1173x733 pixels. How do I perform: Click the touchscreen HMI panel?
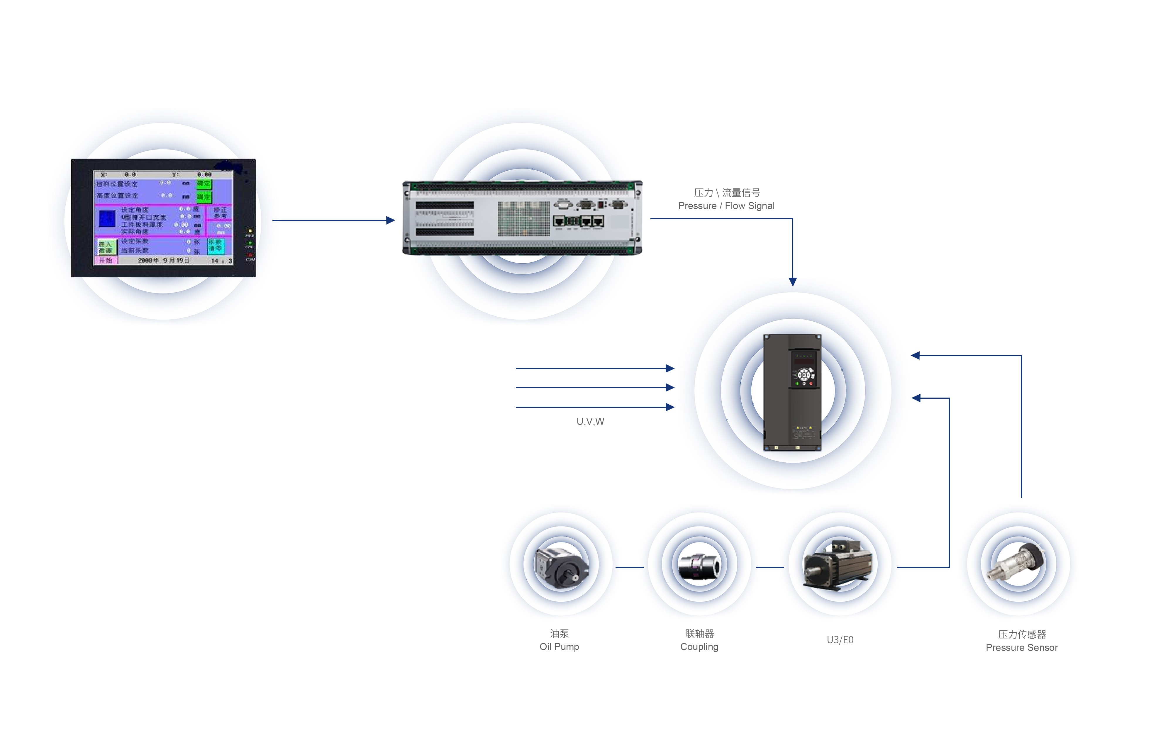coord(163,218)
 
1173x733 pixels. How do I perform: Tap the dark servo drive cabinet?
coord(792,393)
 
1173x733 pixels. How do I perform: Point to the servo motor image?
coord(839,565)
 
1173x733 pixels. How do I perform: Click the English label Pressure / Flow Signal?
coord(726,206)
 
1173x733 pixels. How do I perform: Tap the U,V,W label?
coord(590,422)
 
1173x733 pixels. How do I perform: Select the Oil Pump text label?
coord(559,647)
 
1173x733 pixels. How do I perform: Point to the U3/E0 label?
coord(840,640)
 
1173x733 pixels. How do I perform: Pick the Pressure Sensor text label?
coord(1021,648)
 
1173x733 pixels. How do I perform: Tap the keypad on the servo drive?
coord(804,375)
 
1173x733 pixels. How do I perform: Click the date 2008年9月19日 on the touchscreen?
coord(164,260)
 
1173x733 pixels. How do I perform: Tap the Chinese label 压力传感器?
coord(1022,634)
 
